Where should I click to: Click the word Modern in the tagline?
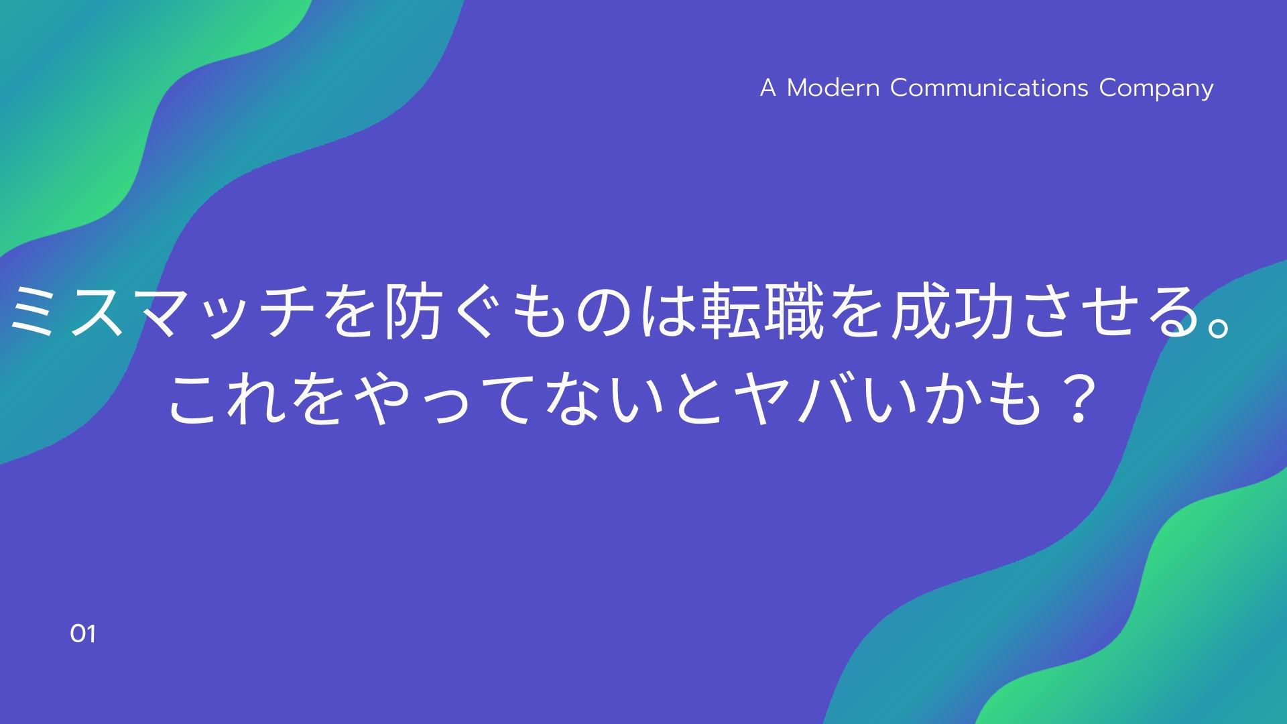833,88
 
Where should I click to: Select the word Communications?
989,88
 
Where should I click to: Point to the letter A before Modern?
768,88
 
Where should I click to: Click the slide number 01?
82,634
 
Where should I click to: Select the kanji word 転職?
762,311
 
